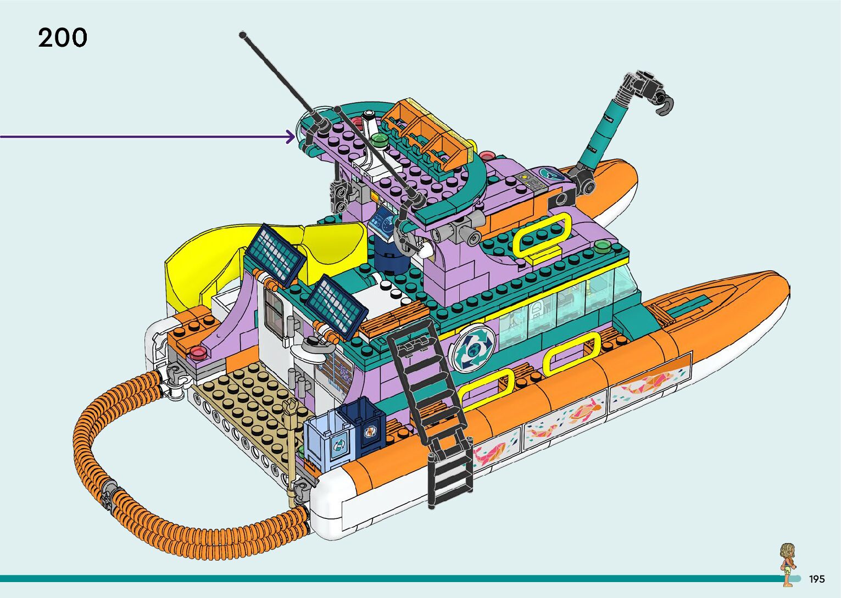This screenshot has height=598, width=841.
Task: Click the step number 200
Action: pyautogui.click(x=62, y=37)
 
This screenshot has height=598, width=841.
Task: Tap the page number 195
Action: pyautogui.click(x=817, y=579)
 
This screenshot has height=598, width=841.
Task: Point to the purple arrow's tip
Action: pyautogui.click(x=295, y=137)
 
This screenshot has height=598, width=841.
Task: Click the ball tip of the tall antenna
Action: pyautogui.click(x=243, y=35)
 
